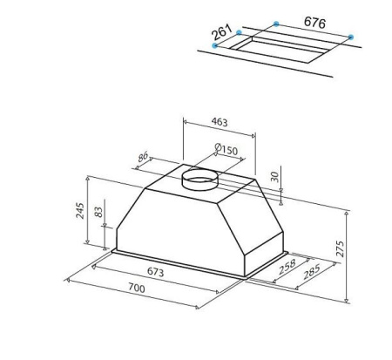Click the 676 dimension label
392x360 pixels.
click(x=314, y=23)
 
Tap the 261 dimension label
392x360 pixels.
click(x=222, y=32)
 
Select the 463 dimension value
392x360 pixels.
click(x=220, y=122)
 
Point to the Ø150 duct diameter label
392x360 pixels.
click(x=226, y=149)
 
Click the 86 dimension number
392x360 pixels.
click(x=143, y=157)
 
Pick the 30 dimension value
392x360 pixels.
click(x=274, y=177)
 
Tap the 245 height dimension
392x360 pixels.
click(x=79, y=211)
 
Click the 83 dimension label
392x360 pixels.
click(x=98, y=212)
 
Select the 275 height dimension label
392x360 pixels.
click(x=340, y=248)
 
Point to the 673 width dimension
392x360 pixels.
click(x=155, y=272)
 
